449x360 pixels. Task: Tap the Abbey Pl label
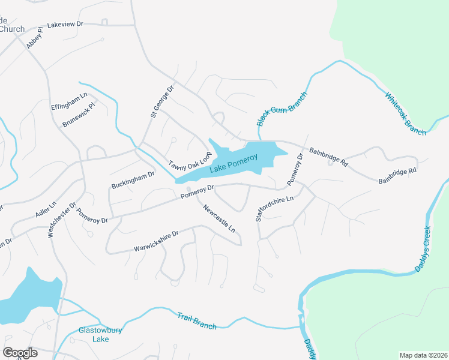click(35, 37)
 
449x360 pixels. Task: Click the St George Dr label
click(161, 101)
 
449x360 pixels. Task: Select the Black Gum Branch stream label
click(282, 109)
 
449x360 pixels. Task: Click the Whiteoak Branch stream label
click(406, 113)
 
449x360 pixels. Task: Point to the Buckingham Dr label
click(133, 180)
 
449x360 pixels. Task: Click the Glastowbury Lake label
click(94, 334)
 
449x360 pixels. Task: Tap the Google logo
click(20, 353)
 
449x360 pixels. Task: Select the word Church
click(12, 29)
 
